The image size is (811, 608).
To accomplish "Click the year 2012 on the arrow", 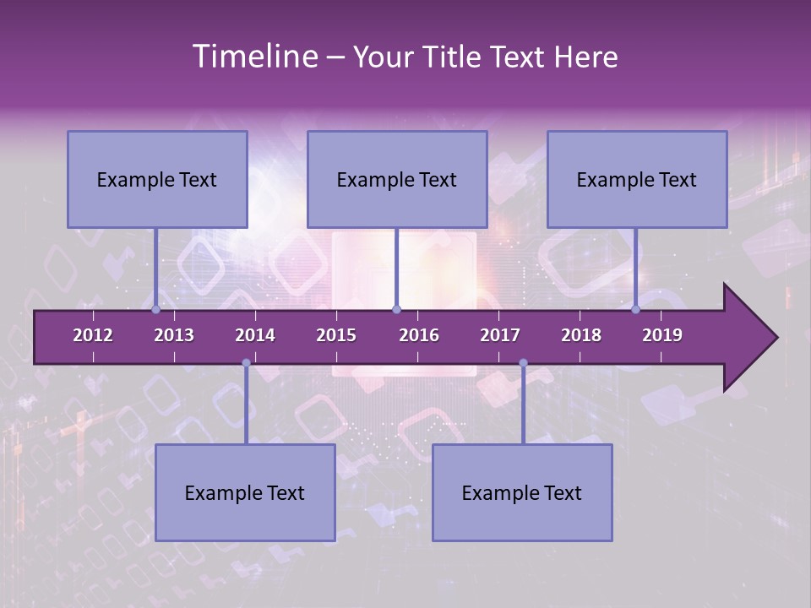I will (x=93, y=335).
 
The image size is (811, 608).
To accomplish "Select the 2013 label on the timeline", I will (x=174, y=335).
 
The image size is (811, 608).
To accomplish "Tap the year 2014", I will (x=255, y=335).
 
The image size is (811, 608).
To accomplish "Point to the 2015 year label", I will (x=336, y=335).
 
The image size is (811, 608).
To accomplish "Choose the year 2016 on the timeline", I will (x=419, y=335).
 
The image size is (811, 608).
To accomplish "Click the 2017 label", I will (x=500, y=335).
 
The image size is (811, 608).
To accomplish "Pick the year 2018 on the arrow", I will (x=581, y=335).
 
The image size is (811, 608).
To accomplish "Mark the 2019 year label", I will (x=662, y=335).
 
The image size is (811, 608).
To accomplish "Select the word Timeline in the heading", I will (x=253, y=57).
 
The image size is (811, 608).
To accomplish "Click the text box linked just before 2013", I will (x=157, y=179).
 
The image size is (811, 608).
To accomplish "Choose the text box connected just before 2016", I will (x=397, y=179).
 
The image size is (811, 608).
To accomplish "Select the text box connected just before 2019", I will (x=637, y=179).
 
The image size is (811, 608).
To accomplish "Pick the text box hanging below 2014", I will (x=245, y=492).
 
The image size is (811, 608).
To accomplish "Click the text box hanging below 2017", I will (x=522, y=492).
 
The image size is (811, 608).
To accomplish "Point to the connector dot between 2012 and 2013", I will (x=156, y=310).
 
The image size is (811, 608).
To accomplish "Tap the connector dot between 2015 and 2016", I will (x=397, y=310).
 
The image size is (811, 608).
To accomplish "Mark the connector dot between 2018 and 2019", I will (x=635, y=310).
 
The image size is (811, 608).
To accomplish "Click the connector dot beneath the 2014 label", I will (x=246, y=363).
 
